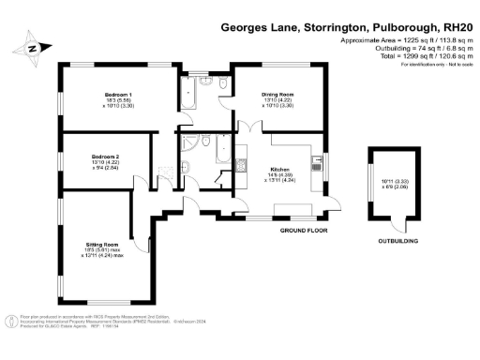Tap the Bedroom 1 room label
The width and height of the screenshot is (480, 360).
(x=117, y=95)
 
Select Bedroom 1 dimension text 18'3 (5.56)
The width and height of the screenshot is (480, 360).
(x=117, y=101)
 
